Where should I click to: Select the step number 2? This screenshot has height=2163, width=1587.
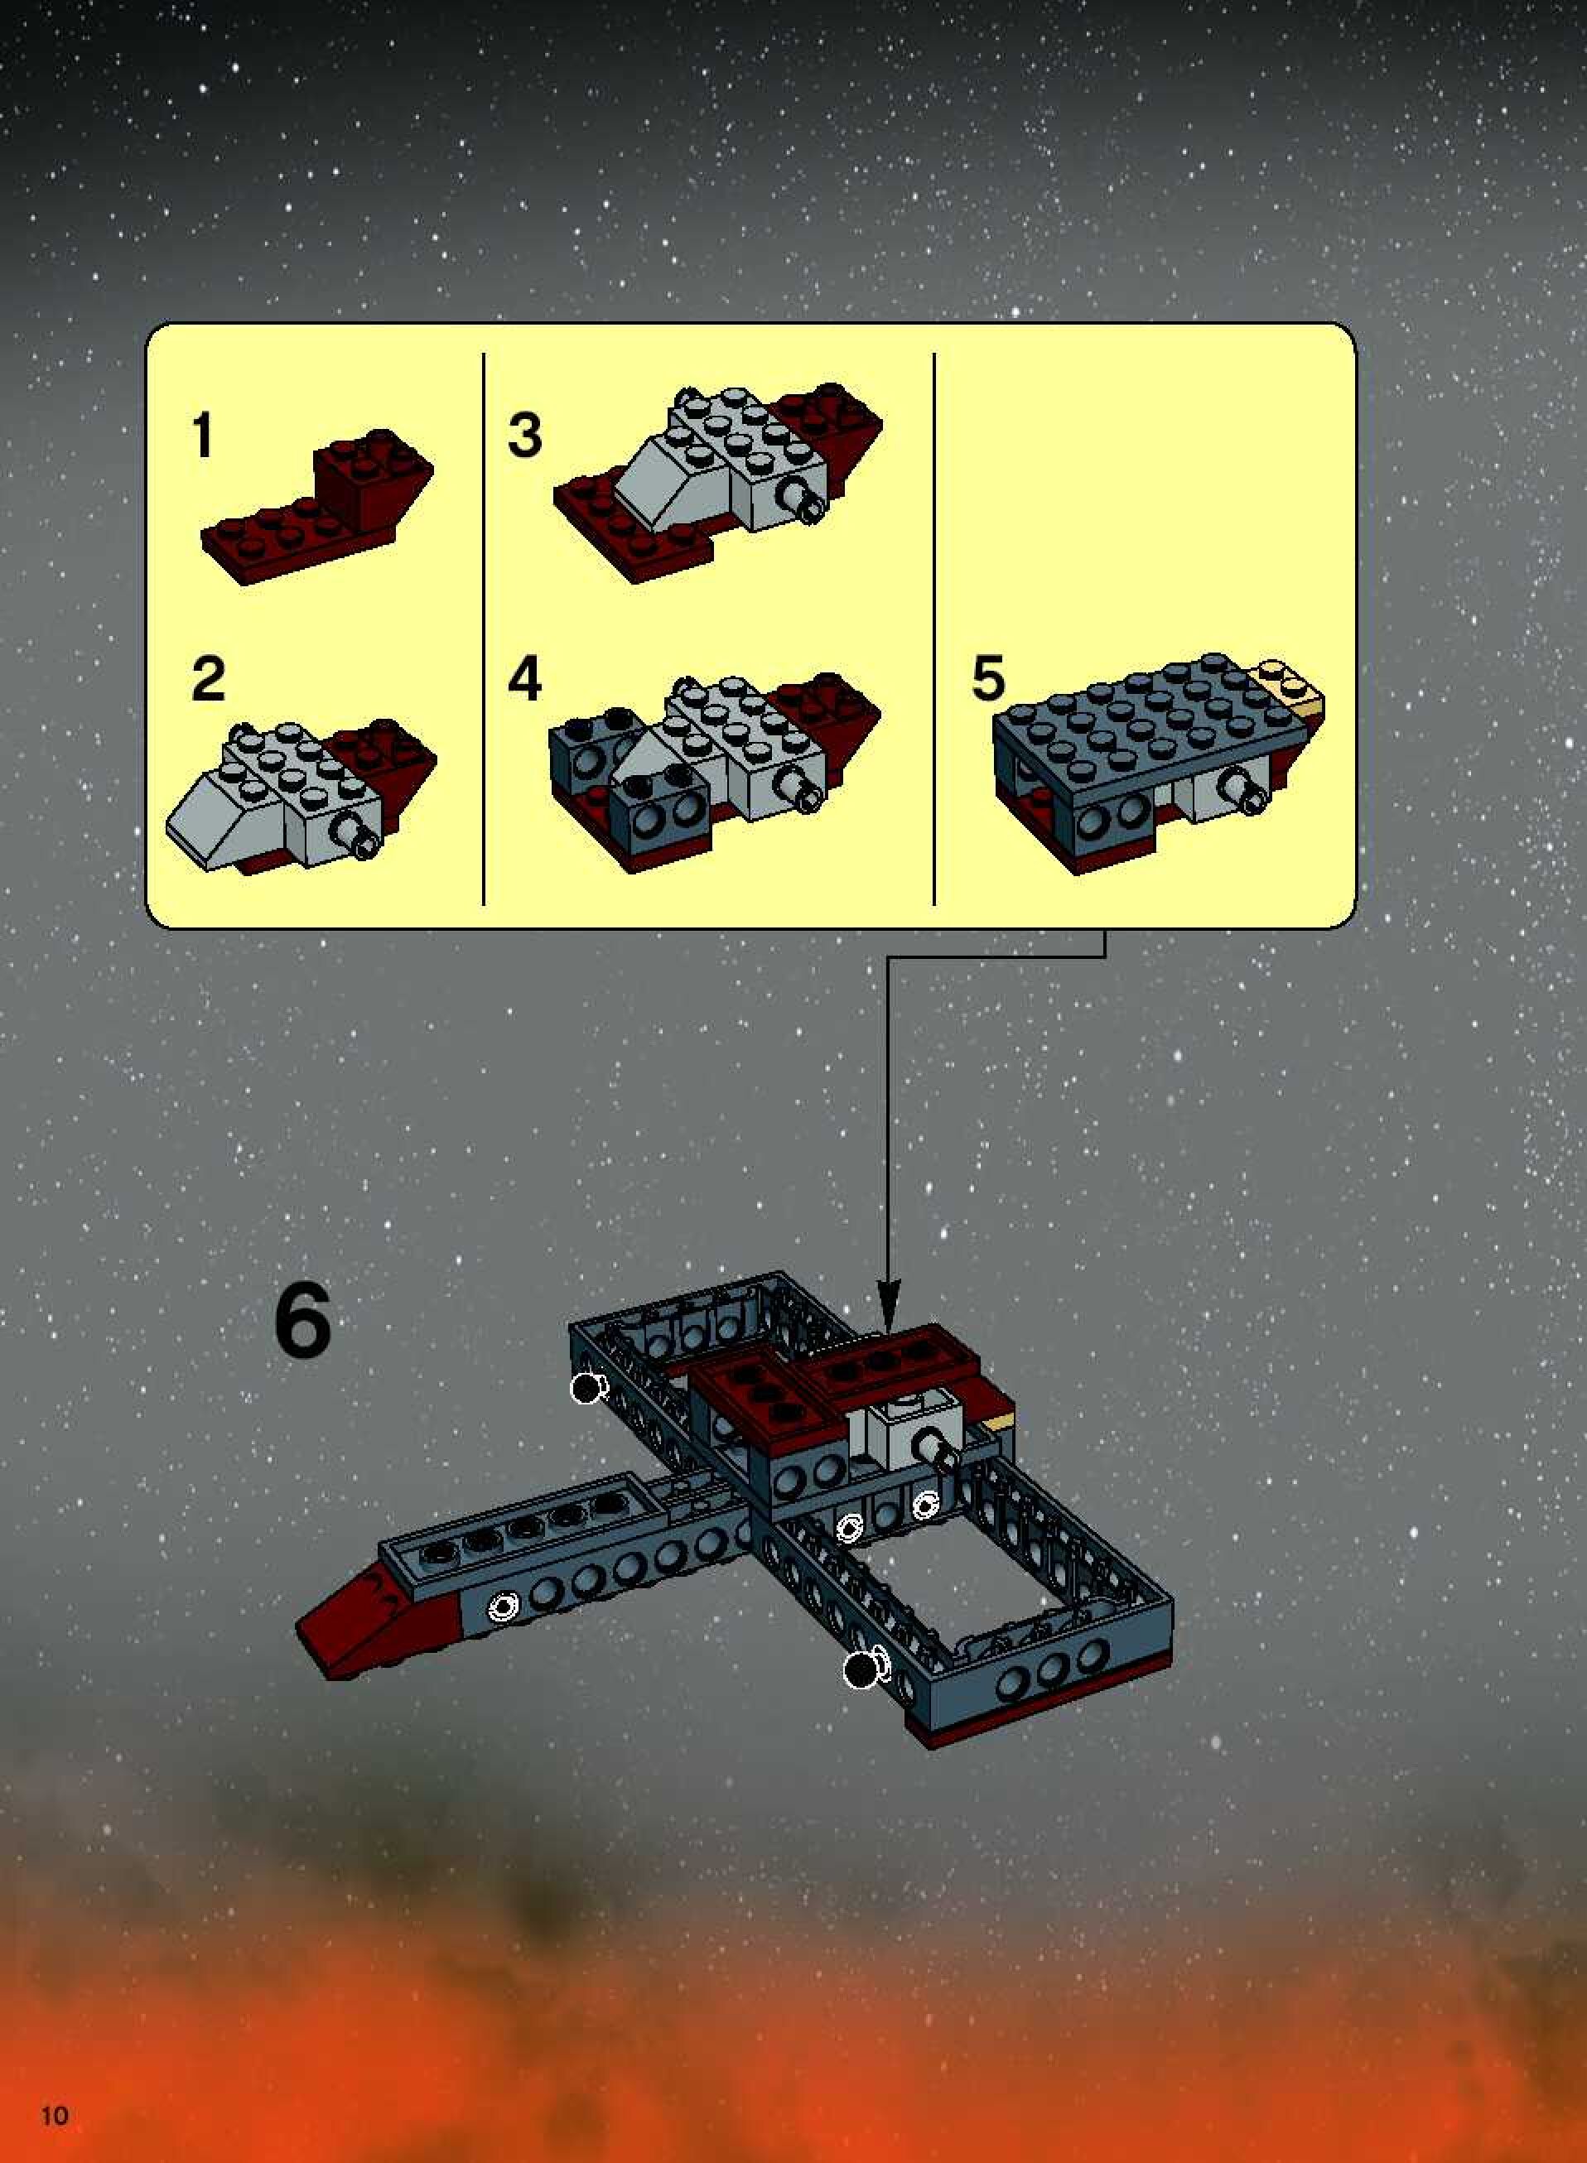(208, 679)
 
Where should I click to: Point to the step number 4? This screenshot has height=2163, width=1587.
(524, 679)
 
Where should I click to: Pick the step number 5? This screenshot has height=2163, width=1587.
(988, 679)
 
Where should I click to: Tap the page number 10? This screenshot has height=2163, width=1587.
(55, 2114)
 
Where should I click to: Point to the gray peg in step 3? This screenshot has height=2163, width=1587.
(803, 499)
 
